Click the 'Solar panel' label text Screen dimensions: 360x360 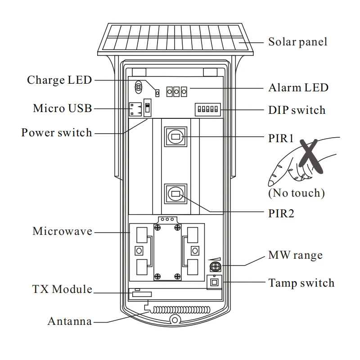(297, 42)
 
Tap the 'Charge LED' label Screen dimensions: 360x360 (59, 80)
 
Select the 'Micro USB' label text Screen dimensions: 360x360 (62, 108)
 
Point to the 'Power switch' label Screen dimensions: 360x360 (56, 133)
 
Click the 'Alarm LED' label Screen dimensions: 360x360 (298, 88)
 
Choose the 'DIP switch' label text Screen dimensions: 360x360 (297, 110)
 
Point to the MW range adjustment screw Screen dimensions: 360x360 (216, 268)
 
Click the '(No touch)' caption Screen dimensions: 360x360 (296, 193)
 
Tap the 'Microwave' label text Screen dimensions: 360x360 (62, 231)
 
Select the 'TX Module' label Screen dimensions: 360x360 (62, 289)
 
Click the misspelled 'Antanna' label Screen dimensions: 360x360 (70, 322)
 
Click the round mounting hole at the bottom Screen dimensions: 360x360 (174, 319)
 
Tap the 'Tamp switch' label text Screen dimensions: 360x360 (301, 283)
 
